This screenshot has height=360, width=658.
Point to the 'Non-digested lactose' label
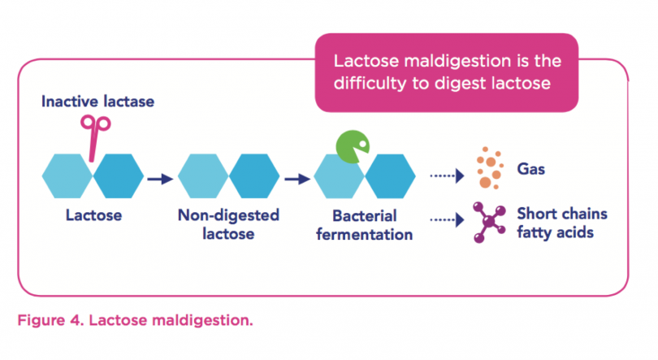(x=227, y=224)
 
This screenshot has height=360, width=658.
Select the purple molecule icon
(x=487, y=221)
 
